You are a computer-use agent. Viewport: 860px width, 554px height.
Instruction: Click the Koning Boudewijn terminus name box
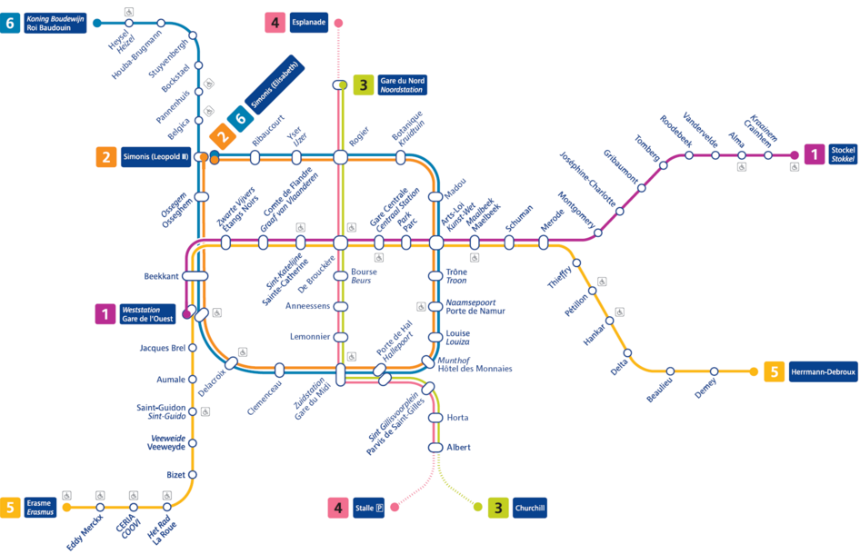point(55,23)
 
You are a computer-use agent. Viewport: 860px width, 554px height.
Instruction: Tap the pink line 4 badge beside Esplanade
point(275,23)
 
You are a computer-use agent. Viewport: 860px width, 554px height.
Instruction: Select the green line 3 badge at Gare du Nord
point(363,85)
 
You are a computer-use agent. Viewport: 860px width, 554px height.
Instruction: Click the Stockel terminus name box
point(843,154)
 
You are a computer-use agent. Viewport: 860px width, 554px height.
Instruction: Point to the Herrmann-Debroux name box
point(823,371)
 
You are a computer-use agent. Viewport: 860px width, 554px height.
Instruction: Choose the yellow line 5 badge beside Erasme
point(10,507)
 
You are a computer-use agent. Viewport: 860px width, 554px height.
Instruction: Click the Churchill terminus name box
point(530,508)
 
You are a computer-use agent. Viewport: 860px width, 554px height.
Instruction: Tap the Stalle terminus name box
point(368,508)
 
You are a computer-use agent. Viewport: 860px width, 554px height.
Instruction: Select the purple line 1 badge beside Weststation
point(105,314)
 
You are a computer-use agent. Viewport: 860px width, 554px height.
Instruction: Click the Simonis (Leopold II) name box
point(155,157)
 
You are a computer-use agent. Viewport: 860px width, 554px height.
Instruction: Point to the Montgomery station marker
point(598,232)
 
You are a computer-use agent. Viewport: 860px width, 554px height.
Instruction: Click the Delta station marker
point(627,353)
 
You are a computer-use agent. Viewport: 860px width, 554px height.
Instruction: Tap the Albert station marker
point(435,448)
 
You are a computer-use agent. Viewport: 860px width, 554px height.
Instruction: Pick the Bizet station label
point(176,475)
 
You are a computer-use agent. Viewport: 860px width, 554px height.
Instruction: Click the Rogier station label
point(359,136)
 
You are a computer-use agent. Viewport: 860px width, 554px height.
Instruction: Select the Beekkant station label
point(161,276)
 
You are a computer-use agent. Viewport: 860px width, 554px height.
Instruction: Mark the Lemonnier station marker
point(341,337)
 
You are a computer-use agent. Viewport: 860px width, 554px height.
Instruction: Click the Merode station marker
point(543,242)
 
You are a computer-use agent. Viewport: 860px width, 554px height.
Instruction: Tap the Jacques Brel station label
point(163,348)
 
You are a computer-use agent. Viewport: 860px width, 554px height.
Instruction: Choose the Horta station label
point(457,418)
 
